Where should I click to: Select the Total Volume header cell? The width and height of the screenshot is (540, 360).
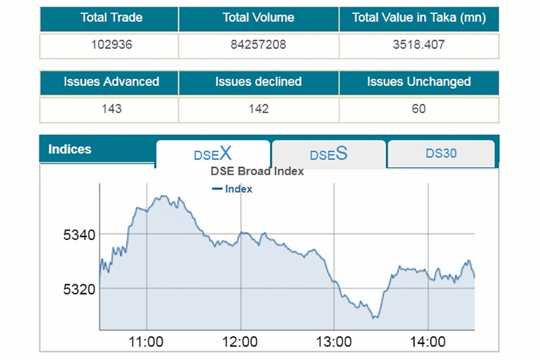click(x=258, y=18)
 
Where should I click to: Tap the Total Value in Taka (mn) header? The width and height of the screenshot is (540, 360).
click(x=419, y=18)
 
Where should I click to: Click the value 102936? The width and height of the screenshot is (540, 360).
click(x=112, y=45)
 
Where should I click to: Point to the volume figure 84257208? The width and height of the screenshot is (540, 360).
click(x=258, y=45)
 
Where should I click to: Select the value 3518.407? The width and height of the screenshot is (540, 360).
click(x=419, y=45)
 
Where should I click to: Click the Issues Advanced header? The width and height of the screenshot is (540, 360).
click(x=112, y=82)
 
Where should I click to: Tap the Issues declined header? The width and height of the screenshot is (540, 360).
click(x=258, y=82)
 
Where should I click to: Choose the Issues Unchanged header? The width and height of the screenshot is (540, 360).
click(x=419, y=82)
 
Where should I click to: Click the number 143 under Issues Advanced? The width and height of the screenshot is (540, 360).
click(x=112, y=109)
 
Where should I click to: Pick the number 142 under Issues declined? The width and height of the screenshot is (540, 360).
click(x=258, y=109)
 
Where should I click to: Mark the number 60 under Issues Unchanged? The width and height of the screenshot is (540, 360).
click(x=419, y=109)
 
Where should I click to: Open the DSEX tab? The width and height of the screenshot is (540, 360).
click(x=212, y=154)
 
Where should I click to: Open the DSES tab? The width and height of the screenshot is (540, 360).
click(x=328, y=154)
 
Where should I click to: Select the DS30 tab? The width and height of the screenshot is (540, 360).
click(x=441, y=154)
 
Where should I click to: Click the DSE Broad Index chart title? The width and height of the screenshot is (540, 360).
click(x=257, y=172)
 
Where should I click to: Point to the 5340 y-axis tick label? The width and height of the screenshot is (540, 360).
click(x=79, y=235)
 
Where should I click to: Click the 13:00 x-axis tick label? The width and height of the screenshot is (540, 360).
click(x=334, y=342)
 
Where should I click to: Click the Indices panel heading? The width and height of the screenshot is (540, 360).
click(x=70, y=149)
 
